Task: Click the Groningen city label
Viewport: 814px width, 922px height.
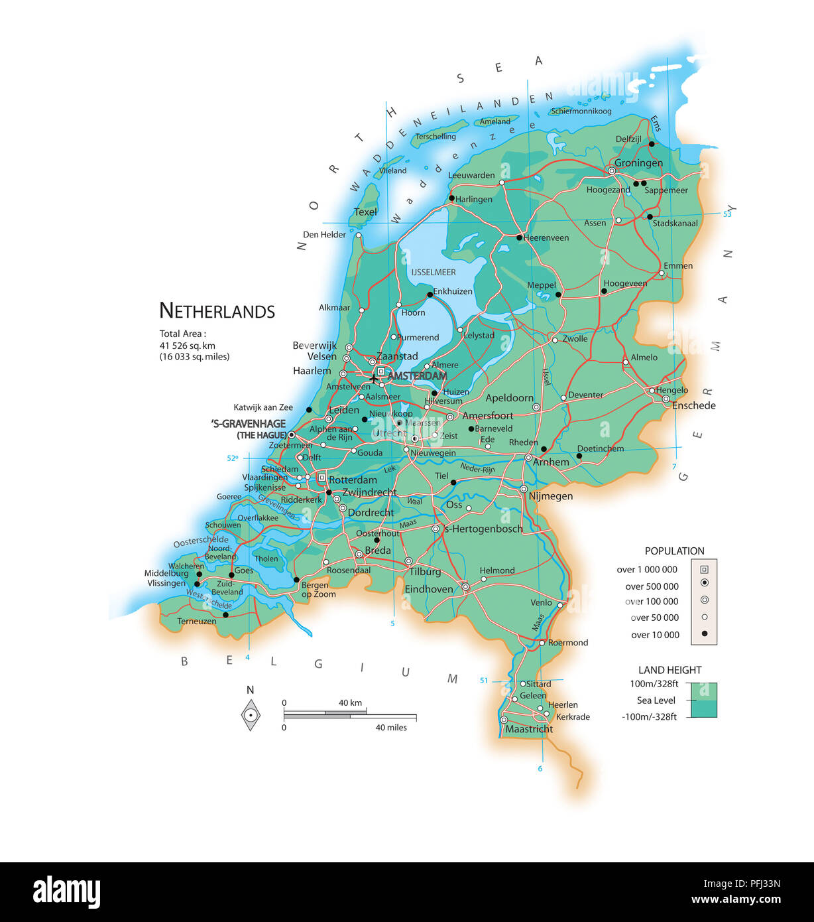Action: [x=638, y=163]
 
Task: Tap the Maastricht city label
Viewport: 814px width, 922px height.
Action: [x=528, y=729]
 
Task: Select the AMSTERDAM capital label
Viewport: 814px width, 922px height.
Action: [x=417, y=376]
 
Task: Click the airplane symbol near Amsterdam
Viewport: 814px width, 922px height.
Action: [x=375, y=378]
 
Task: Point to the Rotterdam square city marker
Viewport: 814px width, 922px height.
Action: [x=321, y=477]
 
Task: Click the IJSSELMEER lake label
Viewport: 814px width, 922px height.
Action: [x=433, y=272]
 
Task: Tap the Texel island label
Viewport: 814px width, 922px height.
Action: [x=365, y=212]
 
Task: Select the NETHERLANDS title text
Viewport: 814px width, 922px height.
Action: [x=217, y=311]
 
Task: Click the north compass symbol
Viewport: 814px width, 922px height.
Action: [x=250, y=716]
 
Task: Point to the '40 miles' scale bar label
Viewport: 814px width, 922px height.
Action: [x=391, y=728]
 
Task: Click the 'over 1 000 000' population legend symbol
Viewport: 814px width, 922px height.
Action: [x=704, y=569]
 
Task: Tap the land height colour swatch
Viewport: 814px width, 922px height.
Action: [x=703, y=700]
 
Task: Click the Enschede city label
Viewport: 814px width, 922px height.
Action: [x=693, y=405]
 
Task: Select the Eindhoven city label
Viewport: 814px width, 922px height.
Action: [x=429, y=589]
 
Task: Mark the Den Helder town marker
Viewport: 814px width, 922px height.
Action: [x=359, y=235]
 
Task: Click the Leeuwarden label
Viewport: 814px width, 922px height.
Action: [x=471, y=175]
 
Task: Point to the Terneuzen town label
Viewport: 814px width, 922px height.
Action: [x=196, y=622]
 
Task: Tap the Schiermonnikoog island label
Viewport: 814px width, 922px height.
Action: [x=581, y=111]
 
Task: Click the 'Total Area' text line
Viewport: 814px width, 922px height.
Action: [x=182, y=334]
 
